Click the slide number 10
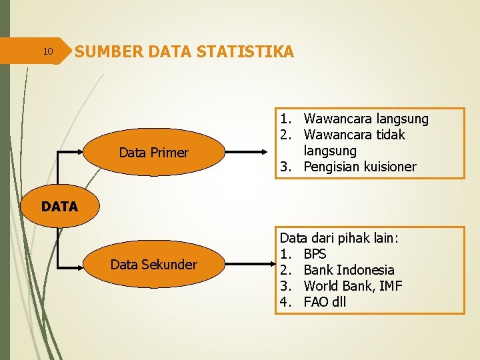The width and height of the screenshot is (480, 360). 47,51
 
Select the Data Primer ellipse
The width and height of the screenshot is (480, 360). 153,153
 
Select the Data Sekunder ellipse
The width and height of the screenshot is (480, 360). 153,265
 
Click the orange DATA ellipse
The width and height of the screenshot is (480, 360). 59,207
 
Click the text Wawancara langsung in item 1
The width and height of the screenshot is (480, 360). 366,119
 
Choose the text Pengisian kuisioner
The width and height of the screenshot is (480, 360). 359,167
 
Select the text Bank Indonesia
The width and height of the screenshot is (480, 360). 349,270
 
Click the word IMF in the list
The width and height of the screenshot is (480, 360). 389,286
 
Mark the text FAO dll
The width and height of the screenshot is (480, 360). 325,302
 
